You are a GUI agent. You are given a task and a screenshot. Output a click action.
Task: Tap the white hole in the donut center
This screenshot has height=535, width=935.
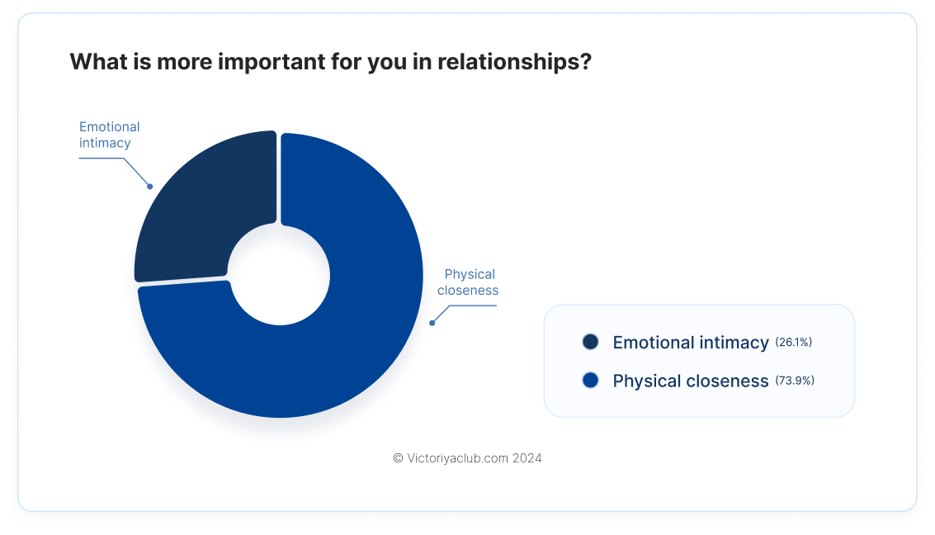(x=279, y=275)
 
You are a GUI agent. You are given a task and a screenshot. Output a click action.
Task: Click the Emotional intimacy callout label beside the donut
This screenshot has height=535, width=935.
(x=109, y=135)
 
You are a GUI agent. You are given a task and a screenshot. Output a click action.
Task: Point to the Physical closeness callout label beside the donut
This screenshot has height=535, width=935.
(x=468, y=282)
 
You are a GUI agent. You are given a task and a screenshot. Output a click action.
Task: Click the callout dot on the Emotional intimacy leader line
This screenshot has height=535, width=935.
(x=150, y=187)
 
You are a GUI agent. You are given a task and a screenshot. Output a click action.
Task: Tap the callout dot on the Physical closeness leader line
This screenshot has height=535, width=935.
(x=432, y=324)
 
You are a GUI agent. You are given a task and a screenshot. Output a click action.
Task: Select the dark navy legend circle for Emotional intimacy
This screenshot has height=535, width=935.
(x=590, y=342)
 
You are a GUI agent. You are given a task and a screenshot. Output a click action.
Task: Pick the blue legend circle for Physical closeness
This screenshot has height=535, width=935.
(x=590, y=381)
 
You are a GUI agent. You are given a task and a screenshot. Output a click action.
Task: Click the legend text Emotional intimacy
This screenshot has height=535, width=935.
(x=691, y=343)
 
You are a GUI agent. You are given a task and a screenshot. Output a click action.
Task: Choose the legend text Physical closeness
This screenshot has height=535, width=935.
(x=691, y=381)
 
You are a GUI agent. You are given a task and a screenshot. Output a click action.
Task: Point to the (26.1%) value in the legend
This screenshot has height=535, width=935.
(x=794, y=342)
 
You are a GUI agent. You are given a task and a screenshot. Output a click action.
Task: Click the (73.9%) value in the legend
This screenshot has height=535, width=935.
(x=795, y=381)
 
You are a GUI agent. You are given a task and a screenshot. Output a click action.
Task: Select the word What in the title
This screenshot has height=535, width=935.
(x=99, y=61)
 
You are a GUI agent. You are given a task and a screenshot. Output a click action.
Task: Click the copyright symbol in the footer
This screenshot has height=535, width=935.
(x=399, y=458)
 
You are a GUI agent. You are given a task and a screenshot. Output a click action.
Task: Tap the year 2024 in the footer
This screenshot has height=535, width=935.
(x=527, y=458)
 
